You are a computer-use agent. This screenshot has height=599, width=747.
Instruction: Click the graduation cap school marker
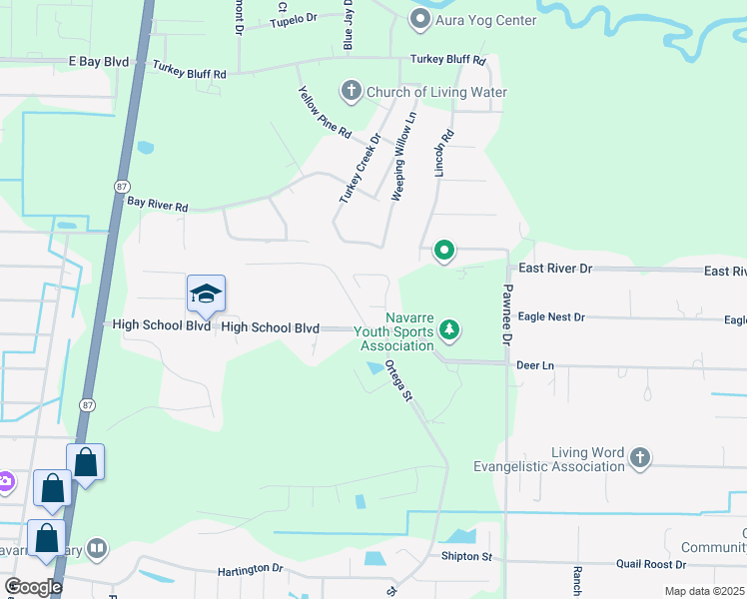coord(206,294)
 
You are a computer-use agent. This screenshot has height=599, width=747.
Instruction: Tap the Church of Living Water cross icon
coord(351,92)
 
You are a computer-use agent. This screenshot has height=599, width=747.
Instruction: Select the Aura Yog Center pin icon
coord(420,19)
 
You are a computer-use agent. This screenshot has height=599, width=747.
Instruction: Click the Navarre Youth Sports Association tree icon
coord(449,329)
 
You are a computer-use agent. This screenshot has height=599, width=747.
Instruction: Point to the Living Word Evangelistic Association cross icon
coord(640,458)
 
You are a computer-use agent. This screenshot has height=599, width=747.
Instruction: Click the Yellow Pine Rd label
coord(325,112)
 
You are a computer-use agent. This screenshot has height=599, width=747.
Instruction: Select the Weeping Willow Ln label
coord(403,158)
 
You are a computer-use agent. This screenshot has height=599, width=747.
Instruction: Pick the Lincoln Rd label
coord(443,153)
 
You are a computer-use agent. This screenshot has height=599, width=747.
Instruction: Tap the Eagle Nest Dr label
coord(551,316)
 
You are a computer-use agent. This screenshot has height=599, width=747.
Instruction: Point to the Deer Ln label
coord(534,365)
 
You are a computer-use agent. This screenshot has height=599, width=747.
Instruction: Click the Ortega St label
coord(398,380)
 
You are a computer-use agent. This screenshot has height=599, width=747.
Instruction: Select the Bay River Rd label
coord(158,203)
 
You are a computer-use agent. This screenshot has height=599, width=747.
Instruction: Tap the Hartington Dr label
coord(251,569)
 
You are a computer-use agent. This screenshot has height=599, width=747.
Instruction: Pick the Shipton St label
coord(460,556)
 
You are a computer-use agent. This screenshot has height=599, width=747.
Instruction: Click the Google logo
coord(33,587)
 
